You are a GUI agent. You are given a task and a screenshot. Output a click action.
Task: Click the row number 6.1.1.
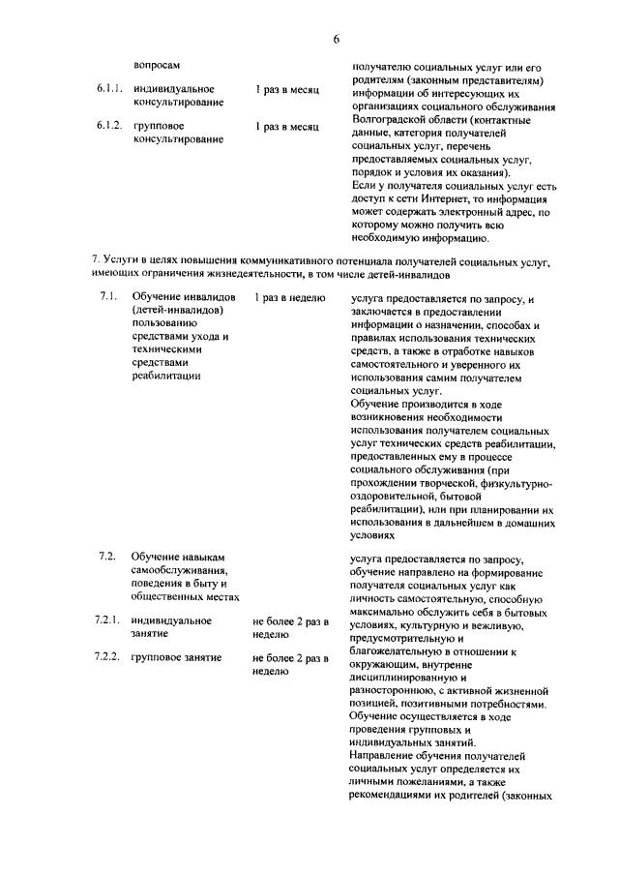pyautogui.click(x=109, y=89)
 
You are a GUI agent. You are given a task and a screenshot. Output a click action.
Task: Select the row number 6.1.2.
pyautogui.click(x=109, y=126)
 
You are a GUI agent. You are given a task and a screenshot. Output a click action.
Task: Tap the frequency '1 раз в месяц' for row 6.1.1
pyautogui.click(x=287, y=89)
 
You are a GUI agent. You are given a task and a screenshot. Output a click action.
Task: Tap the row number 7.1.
pyautogui.click(x=107, y=295)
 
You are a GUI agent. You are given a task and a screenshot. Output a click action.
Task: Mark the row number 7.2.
pyautogui.click(x=107, y=557)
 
